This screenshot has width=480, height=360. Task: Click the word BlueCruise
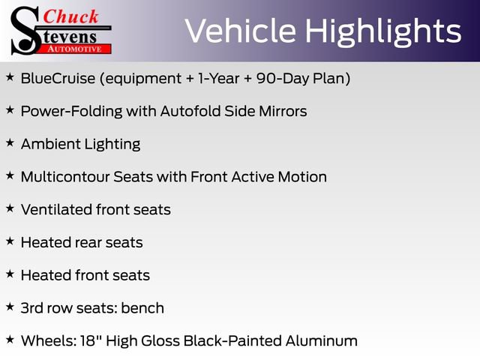pos(55,78)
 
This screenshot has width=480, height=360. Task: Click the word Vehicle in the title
pos(231,31)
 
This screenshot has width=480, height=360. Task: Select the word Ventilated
pos(55,209)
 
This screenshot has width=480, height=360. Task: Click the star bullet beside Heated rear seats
pos(10,241)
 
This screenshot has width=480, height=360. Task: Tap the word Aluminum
pos(321,340)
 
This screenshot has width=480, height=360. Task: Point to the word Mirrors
pos(280,111)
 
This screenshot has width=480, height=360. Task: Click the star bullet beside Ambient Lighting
pos(10,142)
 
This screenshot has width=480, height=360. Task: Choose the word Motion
pos(301,177)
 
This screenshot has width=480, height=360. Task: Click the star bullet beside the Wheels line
pos(10,339)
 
